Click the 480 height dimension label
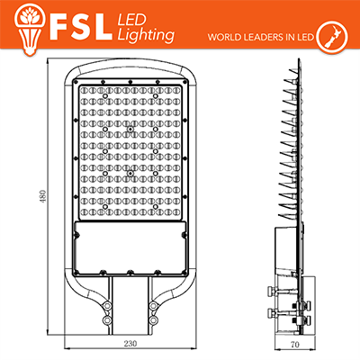pyautogui.click(x=43, y=195)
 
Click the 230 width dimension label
pyautogui.click(x=130, y=344)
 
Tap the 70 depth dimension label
pyautogui.click(x=295, y=344)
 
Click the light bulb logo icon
pyautogui.click(x=30, y=30)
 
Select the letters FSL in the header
pyautogui.click(x=80, y=28)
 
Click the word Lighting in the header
pyautogui.click(x=146, y=35)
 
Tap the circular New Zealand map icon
pyautogui.click(x=332, y=38)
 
